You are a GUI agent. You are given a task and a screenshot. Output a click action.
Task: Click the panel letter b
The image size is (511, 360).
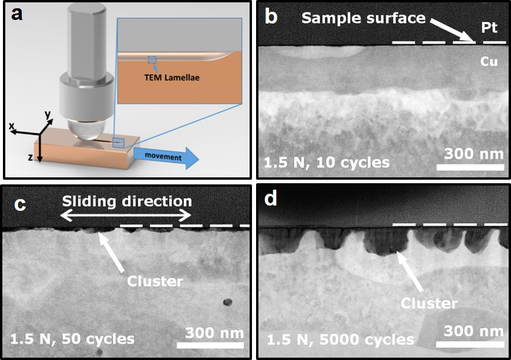tap(271, 16)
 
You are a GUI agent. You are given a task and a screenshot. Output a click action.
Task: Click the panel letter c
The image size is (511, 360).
tap(20, 204)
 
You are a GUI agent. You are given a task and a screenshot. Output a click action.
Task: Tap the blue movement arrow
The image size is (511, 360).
tap(165, 157)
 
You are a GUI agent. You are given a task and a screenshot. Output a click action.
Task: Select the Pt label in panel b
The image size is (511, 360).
tap(491, 27)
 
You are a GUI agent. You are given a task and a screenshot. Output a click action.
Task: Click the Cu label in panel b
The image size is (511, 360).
tap(490, 60)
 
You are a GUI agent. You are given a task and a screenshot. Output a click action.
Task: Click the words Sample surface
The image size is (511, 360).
tap(363, 18)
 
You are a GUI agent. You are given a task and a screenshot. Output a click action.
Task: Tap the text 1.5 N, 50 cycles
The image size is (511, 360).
tap(72, 339)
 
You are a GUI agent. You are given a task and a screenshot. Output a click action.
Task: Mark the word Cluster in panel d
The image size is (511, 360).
tap(429, 303)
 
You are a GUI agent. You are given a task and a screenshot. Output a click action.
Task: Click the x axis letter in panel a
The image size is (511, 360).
tap(12, 125)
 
